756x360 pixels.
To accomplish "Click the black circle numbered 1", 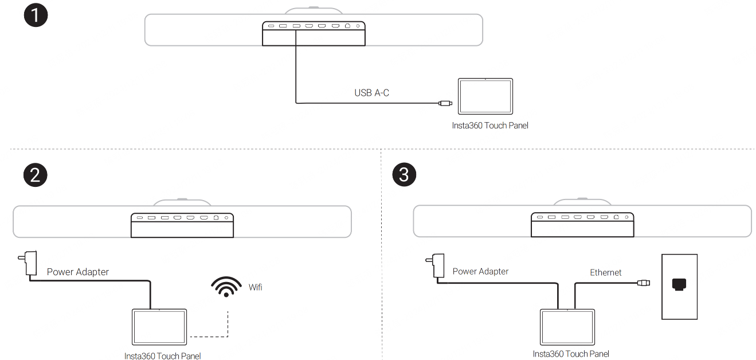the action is pyautogui.click(x=36, y=15).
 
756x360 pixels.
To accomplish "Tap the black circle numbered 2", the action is pyautogui.click(x=36, y=175).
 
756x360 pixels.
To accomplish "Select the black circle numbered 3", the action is pyautogui.click(x=404, y=174).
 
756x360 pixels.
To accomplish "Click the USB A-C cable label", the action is pyautogui.click(x=371, y=93).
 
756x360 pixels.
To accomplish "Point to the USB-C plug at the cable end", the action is pyautogui.click(x=445, y=103).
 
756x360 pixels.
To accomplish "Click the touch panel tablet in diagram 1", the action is pyautogui.click(x=485, y=96).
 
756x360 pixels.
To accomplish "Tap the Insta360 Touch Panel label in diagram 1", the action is pyautogui.click(x=490, y=126).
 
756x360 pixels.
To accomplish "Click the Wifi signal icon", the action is pyautogui.click(x=226, y=287).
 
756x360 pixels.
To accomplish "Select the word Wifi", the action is pyautogui.click(x=255, y=287).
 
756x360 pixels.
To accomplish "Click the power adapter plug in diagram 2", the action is pyautogui.click(x=28, y=263).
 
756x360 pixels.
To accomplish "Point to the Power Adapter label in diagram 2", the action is pyautogui.click(x=77, y=272).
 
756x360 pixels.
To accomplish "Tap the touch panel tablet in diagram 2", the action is pyautogui.click(x=159, y=327).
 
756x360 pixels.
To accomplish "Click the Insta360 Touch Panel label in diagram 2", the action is pyautogui.click(x=162, y=356).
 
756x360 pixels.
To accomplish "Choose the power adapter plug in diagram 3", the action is pyautogui.click(x=436, y=266).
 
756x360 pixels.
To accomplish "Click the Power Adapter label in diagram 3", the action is pyautogui.click(x=480, y=271).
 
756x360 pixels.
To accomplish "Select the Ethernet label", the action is pyautogui.click(x=605, y=272).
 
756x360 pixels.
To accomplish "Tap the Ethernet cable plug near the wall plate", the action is pyautogui.click(x=644, y=283).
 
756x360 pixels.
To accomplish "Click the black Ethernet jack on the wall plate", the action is pyautogui.click(x=679, y=284).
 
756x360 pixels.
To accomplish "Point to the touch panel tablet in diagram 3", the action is pyautogui.click(x=567, y=327).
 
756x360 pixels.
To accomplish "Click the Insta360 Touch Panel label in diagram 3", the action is pyautogui.click(x=571, y=354).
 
